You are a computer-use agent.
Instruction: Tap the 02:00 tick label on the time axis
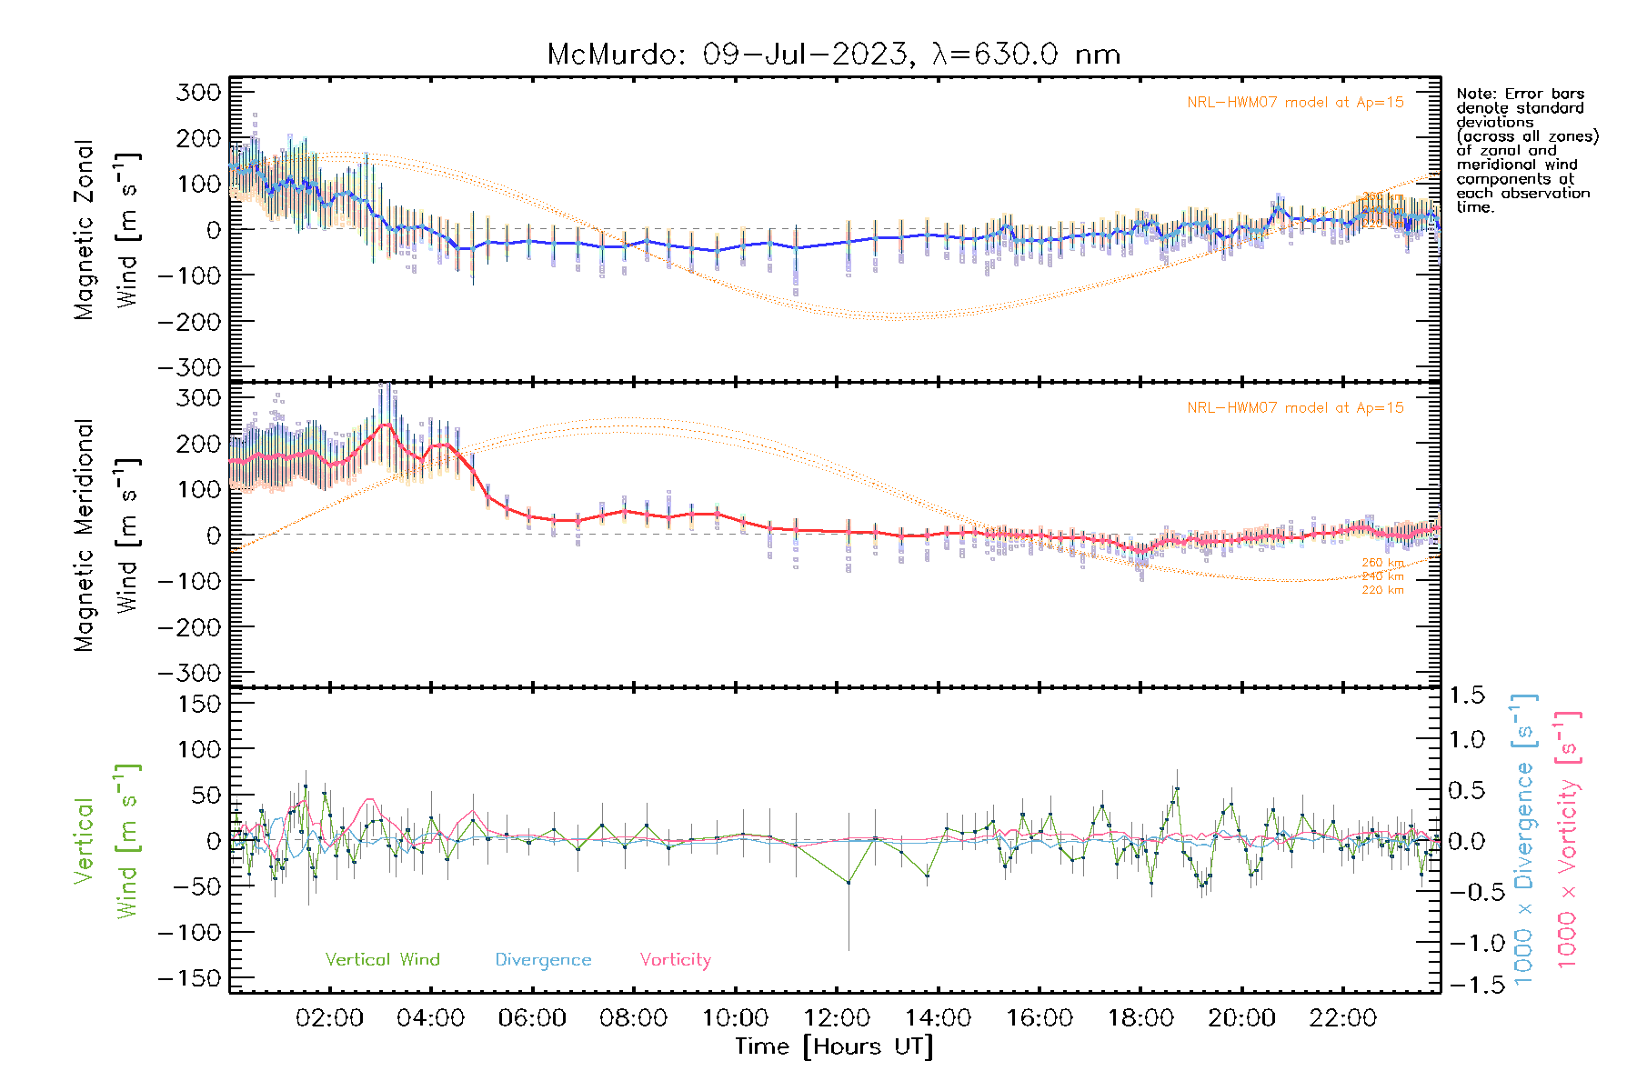(329, 1018)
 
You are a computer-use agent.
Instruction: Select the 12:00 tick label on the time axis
(837, 1018)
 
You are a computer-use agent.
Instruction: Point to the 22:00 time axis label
(1342, 1018)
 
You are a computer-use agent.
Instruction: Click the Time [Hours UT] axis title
(834, 1047)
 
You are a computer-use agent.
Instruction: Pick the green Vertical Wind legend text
(382, 960)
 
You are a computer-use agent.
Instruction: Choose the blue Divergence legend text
(543, 960)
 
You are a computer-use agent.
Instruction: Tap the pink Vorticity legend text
(675, 960)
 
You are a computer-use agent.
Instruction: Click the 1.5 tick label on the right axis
(1466, 696)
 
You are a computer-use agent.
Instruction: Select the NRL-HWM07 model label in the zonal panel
(1295, 103)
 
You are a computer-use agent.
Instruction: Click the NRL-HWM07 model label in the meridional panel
(1295, 408)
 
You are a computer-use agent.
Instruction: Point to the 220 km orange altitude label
(1382, 591)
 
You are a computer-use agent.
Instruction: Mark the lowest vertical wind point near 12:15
(849, 883)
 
